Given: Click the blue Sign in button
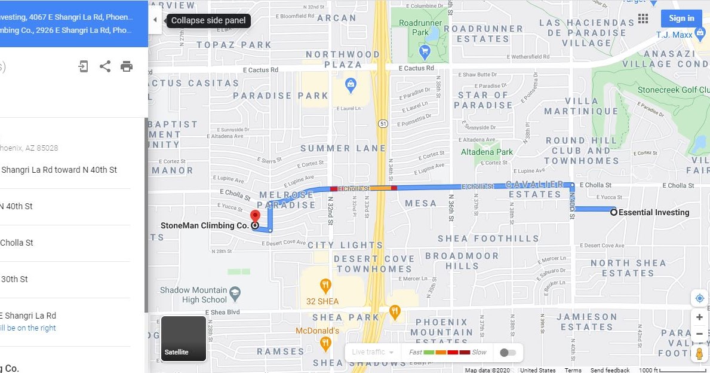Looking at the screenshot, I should tap(681, 19).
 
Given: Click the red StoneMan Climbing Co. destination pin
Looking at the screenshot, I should tap(255, 217).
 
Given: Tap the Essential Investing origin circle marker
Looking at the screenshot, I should tap(614, 212).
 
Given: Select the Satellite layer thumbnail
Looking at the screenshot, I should tap(183, 338).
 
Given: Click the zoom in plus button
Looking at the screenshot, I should tap(699, 317).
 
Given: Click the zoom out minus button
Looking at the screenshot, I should tap(699, 334).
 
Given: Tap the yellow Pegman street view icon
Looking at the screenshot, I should tap(699, 353).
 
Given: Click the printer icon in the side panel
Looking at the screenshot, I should tap(127, 66).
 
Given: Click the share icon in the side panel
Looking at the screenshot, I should tap(105, 66).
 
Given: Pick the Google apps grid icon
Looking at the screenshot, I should tap(643, 19).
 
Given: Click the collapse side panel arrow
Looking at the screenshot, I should tap(155, 20).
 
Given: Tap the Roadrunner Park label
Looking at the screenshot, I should tap(421, 27).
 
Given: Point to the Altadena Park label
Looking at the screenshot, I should tap(487, 152).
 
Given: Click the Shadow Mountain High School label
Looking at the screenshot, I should tap(193, 295).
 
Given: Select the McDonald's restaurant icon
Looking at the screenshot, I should tap(325, 343).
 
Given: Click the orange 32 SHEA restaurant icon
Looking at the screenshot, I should tap(325, 285).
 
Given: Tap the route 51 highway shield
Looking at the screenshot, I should tap(382, 123).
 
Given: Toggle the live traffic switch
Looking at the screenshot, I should tap(508, 352).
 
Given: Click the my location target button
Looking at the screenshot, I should tap(699, 298).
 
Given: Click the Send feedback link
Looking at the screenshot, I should tap(610, 370).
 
